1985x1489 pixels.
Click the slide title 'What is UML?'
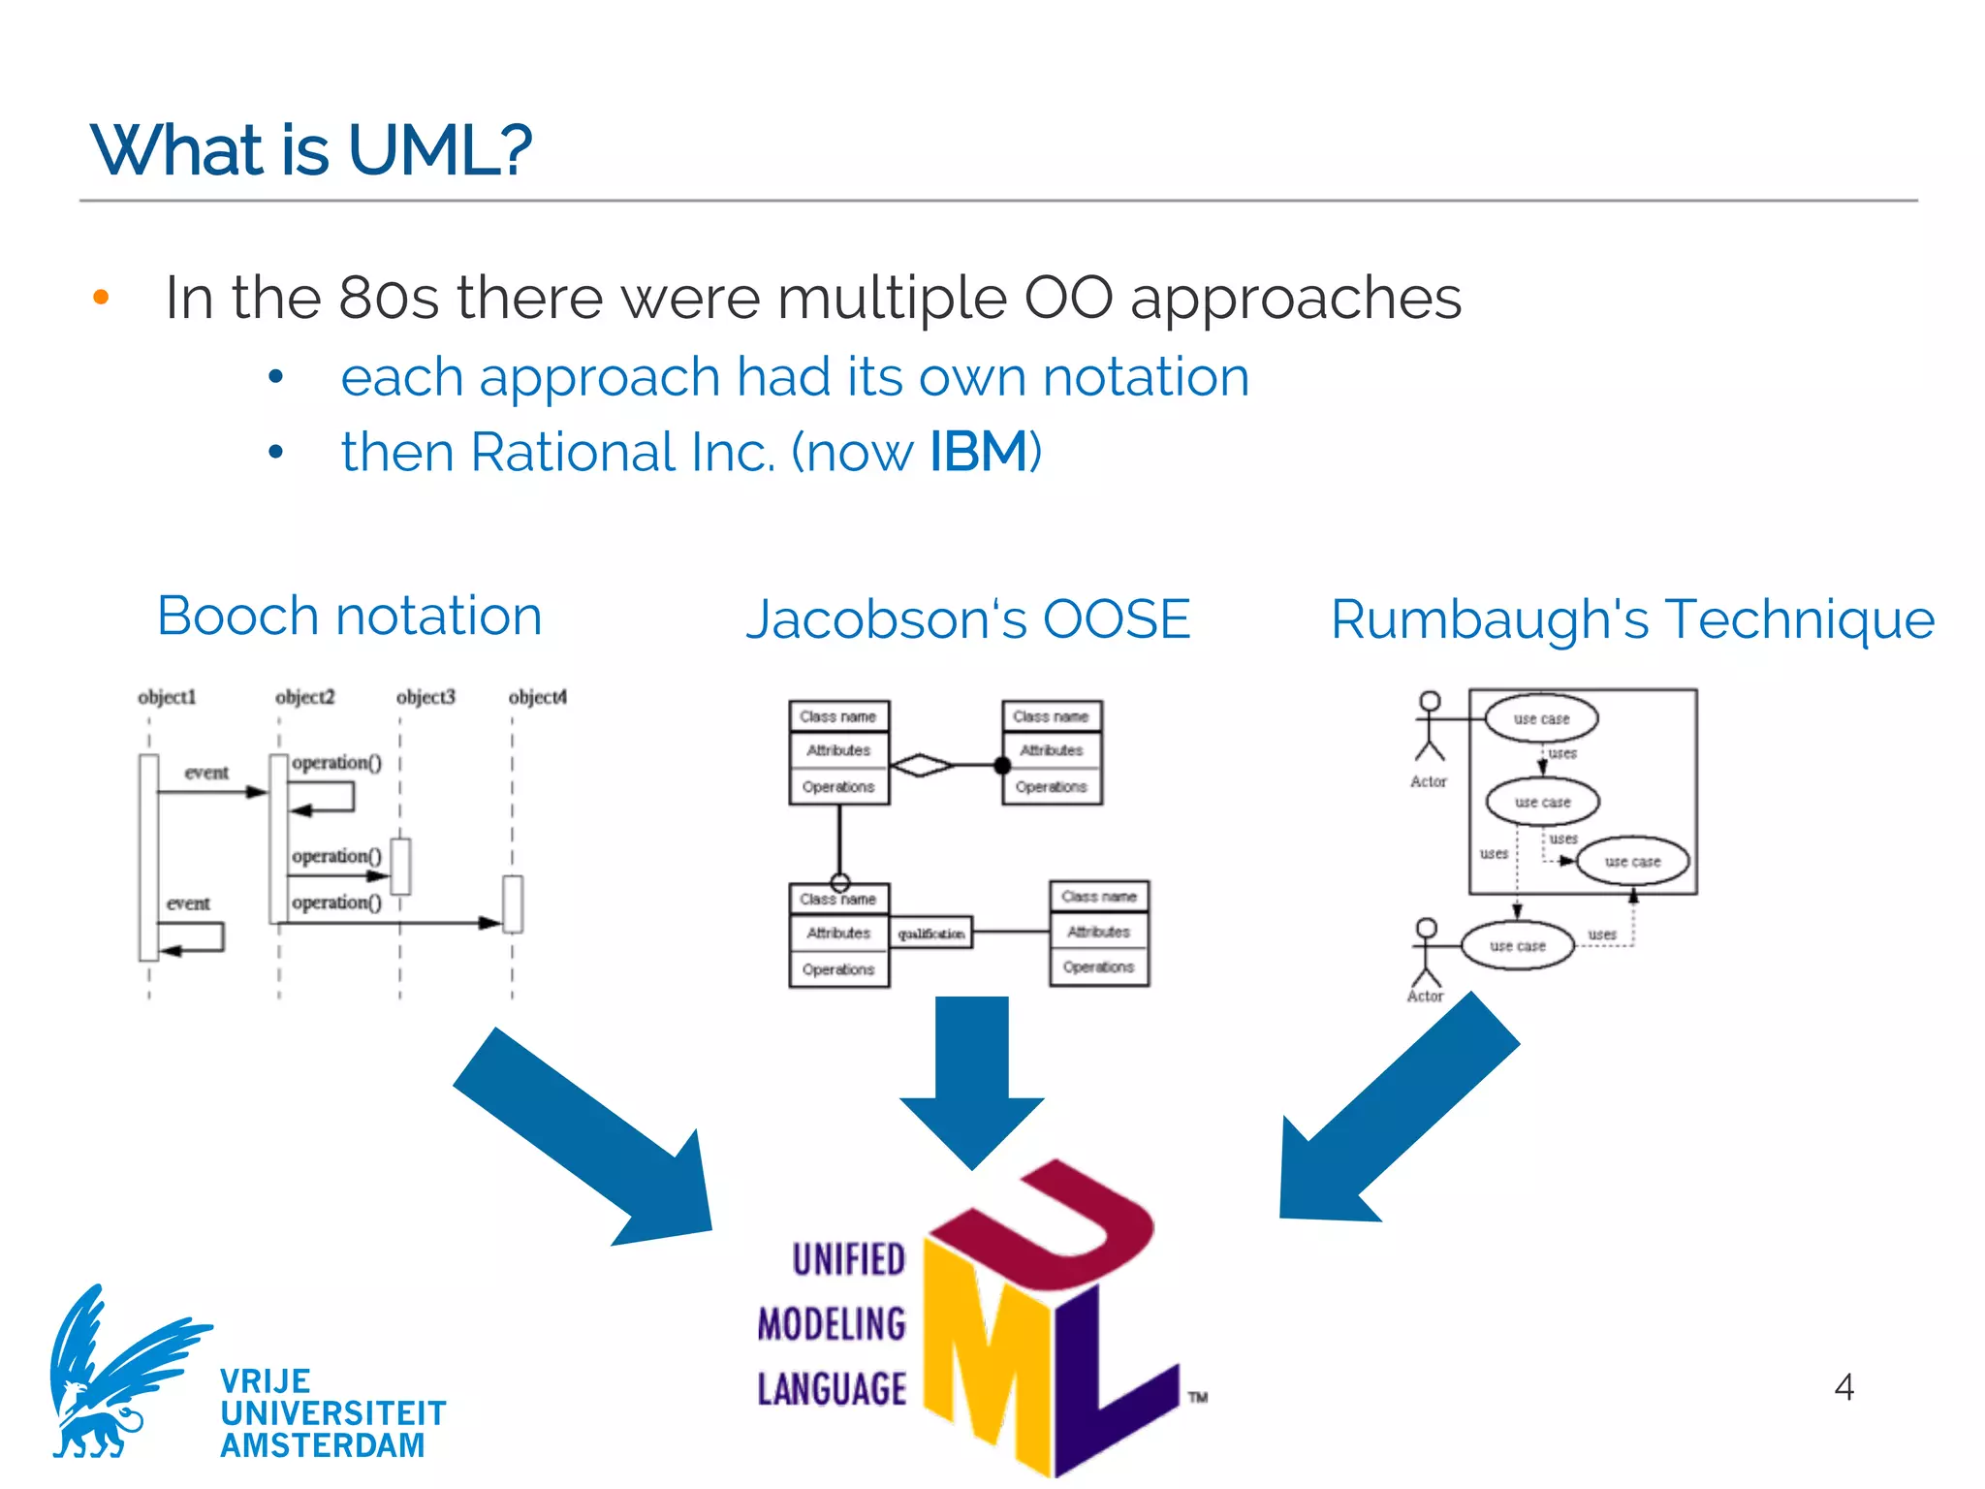[310, 151]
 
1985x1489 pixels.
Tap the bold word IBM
[978, 452]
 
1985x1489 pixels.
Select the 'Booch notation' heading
[349, 617]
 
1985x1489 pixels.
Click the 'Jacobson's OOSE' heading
[967, 619]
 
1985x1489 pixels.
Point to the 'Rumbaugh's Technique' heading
[1632, 619]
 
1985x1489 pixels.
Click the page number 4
[1843, 1387]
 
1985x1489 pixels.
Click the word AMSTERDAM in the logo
[322, 1445]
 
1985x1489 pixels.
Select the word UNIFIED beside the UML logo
[849, 1259]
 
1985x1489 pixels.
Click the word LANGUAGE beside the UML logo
[832, 1389]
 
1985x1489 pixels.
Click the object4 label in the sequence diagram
[538, 697]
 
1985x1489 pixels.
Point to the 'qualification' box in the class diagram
[930, 934]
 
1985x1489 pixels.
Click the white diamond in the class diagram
[921, 766]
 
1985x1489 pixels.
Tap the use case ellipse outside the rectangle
[1518, 946]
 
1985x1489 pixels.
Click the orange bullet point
[101, 298]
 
